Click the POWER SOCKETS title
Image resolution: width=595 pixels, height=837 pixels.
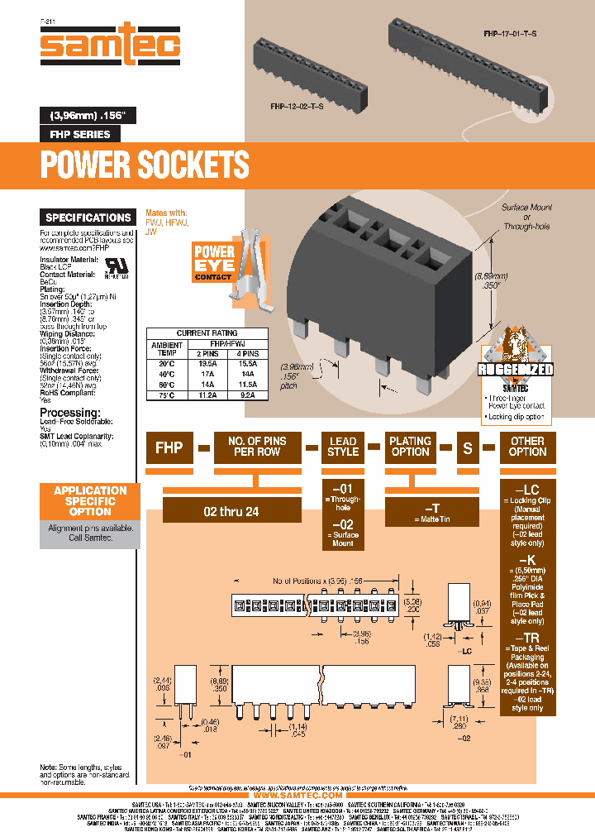click(x=145, y=165)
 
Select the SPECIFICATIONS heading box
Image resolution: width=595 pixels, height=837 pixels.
click(x=88, y=218)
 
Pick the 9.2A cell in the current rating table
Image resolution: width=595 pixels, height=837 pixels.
click(x=246, y=395)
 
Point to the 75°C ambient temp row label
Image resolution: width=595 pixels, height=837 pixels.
click(x=167, y=395)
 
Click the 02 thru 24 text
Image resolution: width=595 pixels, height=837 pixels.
click(x=231, y=511)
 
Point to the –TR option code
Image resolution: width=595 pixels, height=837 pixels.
click(x=526, y=639)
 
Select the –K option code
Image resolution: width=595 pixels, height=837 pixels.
click(x=526, y=561)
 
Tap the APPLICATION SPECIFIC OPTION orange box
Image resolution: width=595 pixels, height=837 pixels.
click(x=90, y=500)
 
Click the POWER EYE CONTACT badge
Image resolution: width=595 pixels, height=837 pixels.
click(x=213, y=262)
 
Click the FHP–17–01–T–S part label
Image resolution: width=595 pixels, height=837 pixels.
click(x=510, y=34)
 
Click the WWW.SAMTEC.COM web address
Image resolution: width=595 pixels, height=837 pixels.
click(x=297, y=795)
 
